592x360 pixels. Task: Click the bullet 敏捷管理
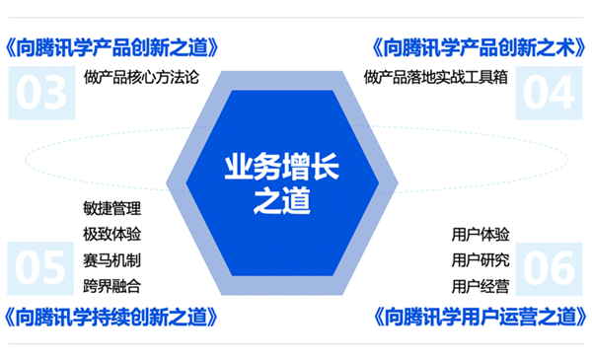coord(112,208)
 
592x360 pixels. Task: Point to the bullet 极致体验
coord(112,235)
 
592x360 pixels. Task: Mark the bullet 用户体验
coord(481,235)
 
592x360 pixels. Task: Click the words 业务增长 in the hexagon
coord(282,167)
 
